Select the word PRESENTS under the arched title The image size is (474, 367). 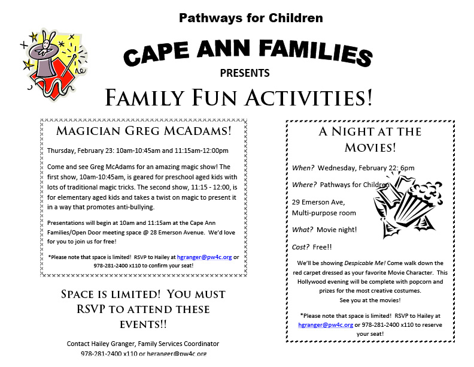(x=245, y=74)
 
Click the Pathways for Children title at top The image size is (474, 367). (x=251, y=17)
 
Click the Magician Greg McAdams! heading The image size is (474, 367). (x=144, y=131)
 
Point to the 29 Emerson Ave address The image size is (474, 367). (x=318, y=202)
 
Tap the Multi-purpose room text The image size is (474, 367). (x=324, y=213)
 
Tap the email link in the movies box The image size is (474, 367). (x=326, y=324)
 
